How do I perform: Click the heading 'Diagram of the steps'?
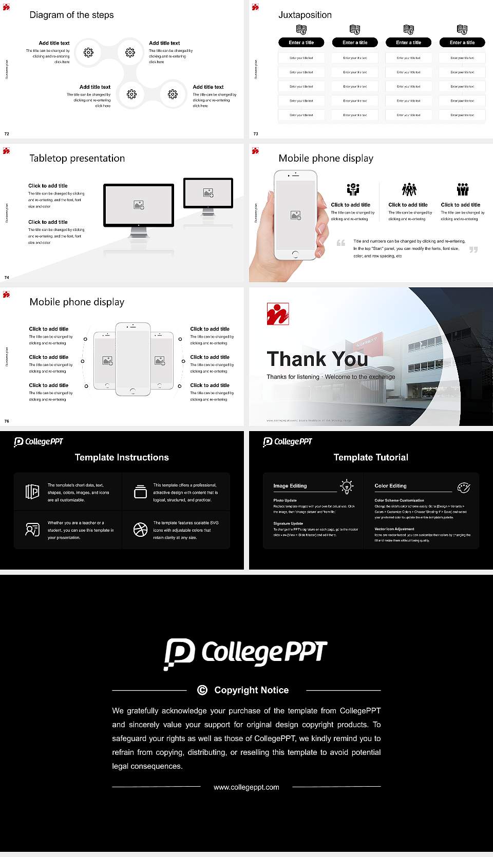71,15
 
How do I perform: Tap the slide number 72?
7,133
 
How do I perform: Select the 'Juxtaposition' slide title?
305,15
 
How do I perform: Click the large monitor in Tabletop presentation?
139,205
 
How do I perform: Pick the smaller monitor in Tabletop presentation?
208,193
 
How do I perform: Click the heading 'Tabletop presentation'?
77,158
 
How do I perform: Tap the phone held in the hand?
295,216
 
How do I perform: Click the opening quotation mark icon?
341,243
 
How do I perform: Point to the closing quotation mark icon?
473,249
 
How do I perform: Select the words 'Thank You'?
317,359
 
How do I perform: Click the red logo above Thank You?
278,314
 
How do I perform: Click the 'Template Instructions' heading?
122,457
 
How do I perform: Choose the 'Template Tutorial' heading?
371,457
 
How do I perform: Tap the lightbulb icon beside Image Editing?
347,486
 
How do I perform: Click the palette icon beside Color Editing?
464,487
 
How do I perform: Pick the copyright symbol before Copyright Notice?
202,690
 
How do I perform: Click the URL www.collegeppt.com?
246,787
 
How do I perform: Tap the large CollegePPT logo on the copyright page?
245,653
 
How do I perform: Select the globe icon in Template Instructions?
140,530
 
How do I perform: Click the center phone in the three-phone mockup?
133,359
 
